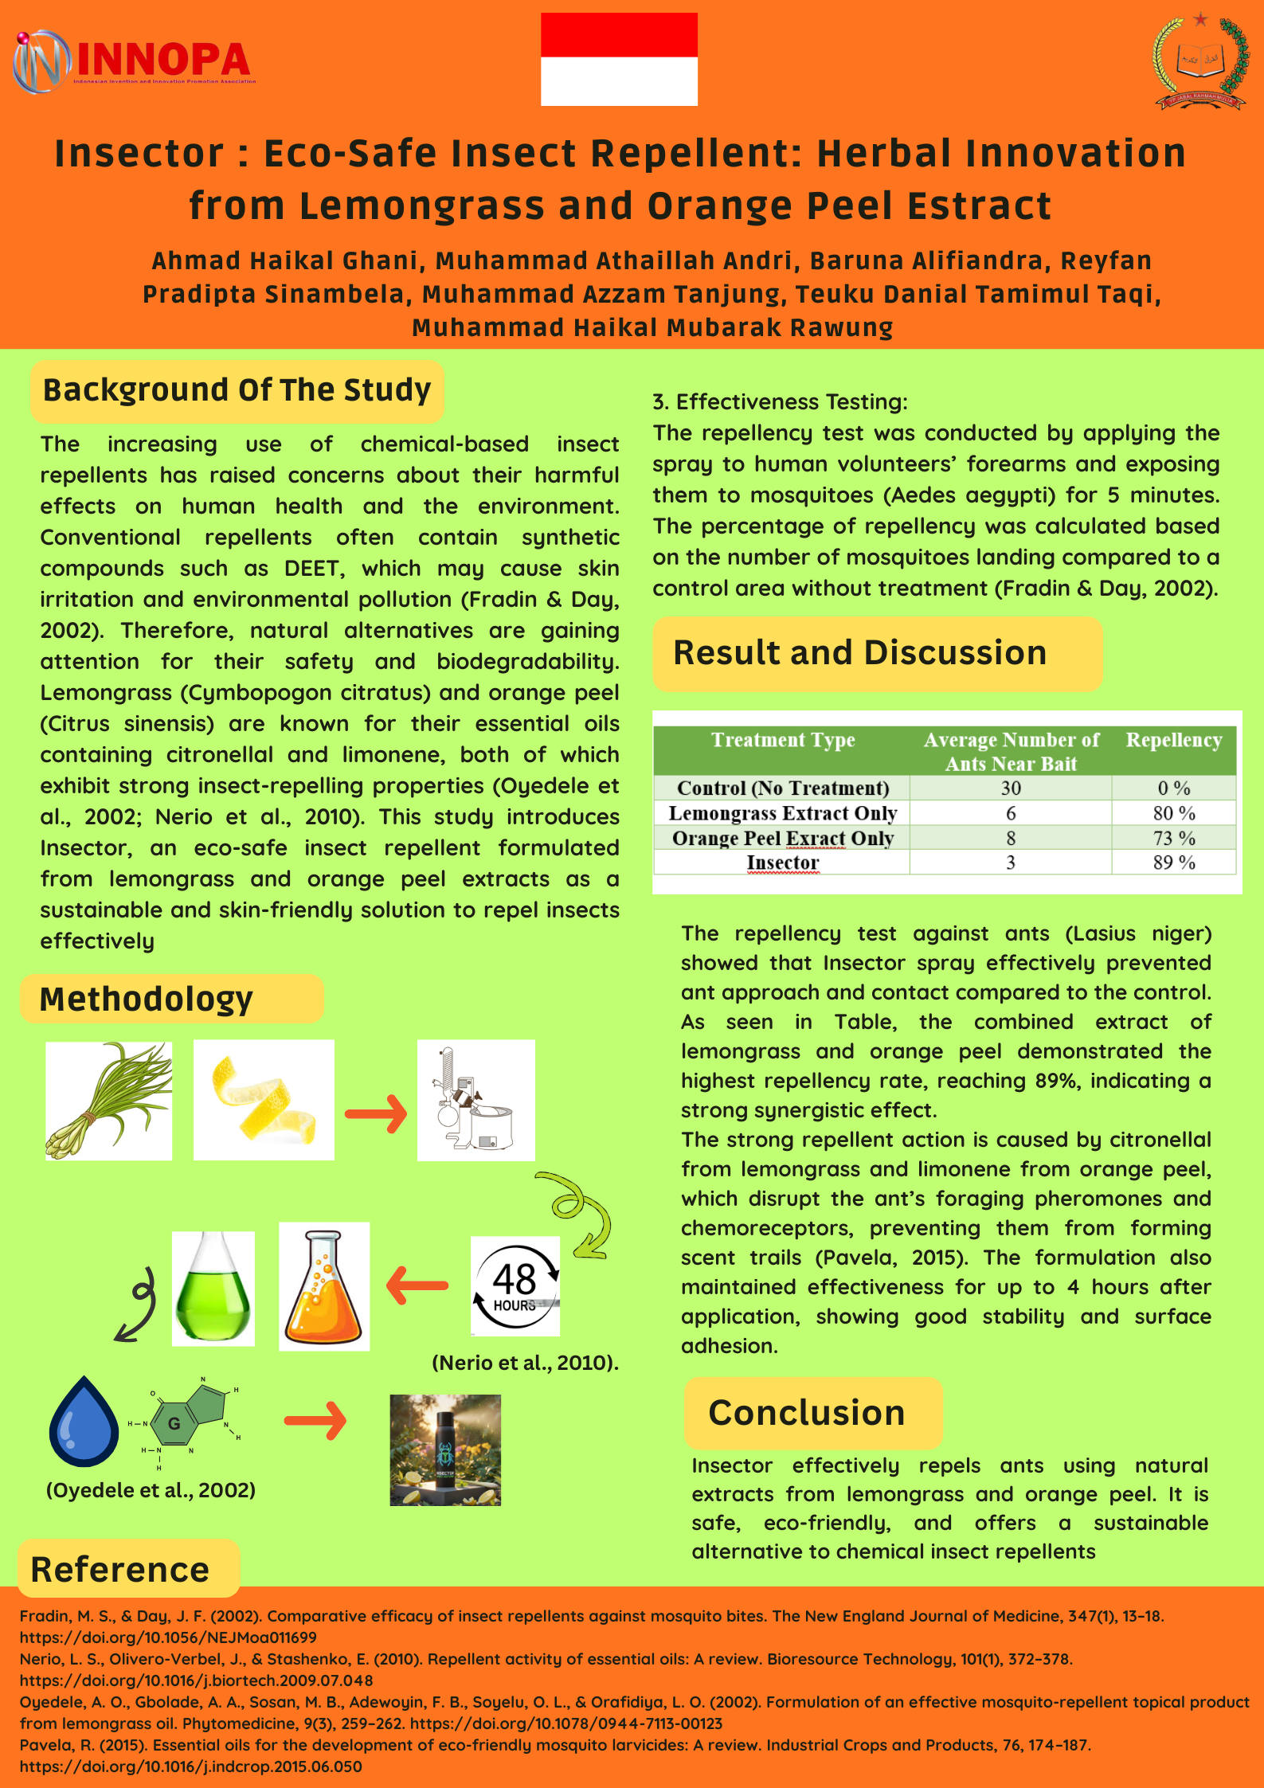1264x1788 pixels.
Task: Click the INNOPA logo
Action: point(134,61)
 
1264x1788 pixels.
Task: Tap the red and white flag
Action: point(619,59)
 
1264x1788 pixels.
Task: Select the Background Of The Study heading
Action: point(237,390)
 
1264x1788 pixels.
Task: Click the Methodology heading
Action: point(147,999)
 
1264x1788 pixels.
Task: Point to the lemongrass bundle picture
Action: point(108,1100)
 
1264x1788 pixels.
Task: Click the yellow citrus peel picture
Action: point(264,1100)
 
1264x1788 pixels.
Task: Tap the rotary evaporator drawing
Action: point(475,1100)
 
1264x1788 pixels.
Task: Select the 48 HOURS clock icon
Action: point(515,1285)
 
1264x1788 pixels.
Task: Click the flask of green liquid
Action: point(213,1288)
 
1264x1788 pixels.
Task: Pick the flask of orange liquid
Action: point(324,1286)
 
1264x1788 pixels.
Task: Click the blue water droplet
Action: point(83,1422)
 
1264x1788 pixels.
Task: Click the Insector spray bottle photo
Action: point(445,1450)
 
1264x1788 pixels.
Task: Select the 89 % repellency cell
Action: point(1174,863)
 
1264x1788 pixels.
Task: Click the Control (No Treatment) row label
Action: point(782,788)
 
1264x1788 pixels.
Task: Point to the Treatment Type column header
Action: point(782,740)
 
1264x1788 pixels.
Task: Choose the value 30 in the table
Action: point(1011,788)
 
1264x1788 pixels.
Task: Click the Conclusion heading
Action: point(807,1413)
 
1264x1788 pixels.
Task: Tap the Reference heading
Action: point(120,1569)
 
